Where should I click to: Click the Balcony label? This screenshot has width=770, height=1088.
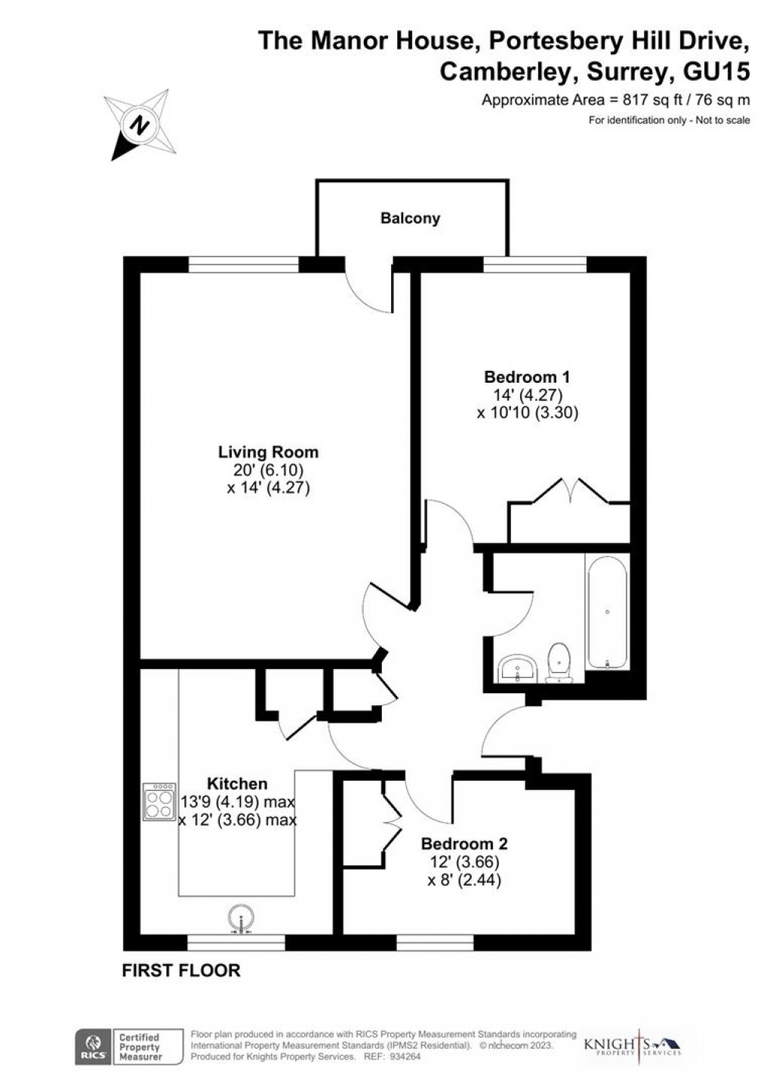pos(410,219)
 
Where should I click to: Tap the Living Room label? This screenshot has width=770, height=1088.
pos(268,452)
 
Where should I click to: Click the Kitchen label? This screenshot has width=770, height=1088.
pos(237,784)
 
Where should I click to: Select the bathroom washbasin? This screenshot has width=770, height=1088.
pos(517,667)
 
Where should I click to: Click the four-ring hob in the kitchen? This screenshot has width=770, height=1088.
pos(159,803)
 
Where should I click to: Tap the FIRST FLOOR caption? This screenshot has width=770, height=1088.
pos(181,970)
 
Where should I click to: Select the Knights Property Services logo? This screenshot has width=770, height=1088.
pos(632,1046)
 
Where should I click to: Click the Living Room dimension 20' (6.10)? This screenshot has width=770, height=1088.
pos(269,471)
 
